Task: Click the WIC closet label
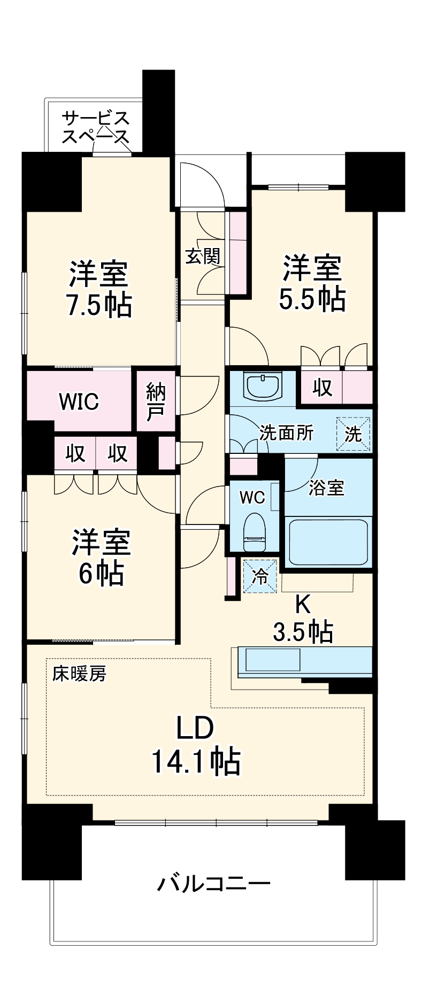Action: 79,401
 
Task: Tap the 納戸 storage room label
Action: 156,401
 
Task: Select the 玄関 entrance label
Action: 203,256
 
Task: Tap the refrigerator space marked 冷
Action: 260,576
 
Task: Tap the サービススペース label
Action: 95,127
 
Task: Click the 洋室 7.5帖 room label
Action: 99,290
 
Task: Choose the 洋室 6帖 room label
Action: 102,558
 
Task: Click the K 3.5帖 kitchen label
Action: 303,618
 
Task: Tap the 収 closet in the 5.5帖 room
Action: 323,388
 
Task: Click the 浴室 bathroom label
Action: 326,487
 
